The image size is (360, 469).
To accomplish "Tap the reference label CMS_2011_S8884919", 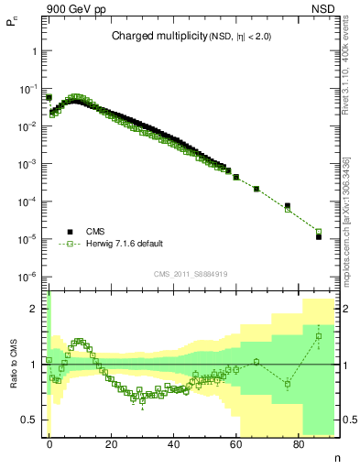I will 191,274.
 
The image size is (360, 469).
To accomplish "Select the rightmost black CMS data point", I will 319,237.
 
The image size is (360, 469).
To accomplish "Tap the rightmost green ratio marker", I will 319,336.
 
